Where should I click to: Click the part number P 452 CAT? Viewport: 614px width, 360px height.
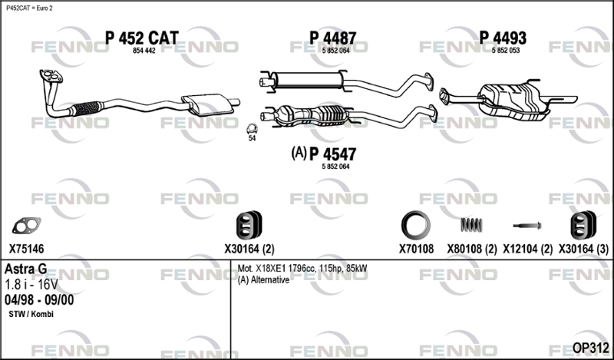(142, 38)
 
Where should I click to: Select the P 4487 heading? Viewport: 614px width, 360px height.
(333, 38)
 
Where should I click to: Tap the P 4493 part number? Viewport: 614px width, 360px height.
(503, 38)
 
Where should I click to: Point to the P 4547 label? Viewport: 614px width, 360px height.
(333, 154)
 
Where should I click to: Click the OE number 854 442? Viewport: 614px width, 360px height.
(144, 51)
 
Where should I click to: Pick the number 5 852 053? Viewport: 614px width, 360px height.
(506, 51)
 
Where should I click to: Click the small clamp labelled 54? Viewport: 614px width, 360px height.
(252, 129)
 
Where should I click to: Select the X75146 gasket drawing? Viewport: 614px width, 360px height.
(26, 225)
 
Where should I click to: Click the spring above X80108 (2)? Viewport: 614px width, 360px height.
(471, 225)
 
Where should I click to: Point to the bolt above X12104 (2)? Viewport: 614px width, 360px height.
(527, 226)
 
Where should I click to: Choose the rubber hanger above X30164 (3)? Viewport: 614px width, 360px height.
(583, 225)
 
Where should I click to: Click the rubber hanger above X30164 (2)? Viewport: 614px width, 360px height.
(249, 225)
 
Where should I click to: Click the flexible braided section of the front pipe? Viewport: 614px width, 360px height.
(87, 107)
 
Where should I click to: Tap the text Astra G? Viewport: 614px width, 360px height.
(25, 269)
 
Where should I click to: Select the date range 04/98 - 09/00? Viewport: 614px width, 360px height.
(39, 299)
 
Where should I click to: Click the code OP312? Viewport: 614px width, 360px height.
(590, 348)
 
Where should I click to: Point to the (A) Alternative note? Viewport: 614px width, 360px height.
(263, 279)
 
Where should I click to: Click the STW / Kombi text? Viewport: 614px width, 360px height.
(31, 314)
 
